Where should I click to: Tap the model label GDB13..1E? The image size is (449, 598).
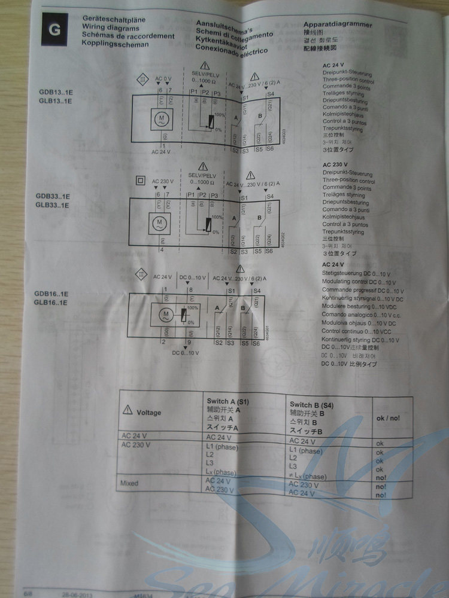coord(53,93)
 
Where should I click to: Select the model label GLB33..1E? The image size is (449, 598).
coord(53,205)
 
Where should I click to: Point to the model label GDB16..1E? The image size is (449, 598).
coord(51,294)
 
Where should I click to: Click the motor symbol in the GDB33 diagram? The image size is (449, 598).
coord(159,223)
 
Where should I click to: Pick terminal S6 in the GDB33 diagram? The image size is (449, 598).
coord(271,252)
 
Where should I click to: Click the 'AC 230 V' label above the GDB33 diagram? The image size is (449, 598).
coord(162,181)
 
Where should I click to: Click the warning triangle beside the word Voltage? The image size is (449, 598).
coord(127,411)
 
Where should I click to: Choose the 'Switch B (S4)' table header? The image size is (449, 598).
coord(311,405)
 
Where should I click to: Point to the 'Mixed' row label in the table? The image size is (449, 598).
coord(130,482)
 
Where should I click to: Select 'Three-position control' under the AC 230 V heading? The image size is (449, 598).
coord(348,181)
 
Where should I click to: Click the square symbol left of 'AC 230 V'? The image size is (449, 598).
coord(141,180)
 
